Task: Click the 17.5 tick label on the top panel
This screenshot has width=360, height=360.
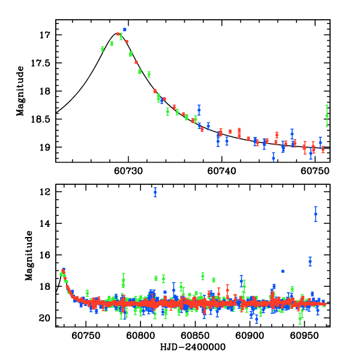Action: coord(41,63)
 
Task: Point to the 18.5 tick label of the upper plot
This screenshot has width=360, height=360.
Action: coord(41,119)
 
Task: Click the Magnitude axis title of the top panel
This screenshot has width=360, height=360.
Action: coord(20,91)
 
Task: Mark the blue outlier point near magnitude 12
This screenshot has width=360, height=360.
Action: coord(155,192)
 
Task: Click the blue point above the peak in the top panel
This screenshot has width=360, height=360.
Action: coord(125,29)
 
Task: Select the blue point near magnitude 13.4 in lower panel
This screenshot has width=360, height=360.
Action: coord(316,214)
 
